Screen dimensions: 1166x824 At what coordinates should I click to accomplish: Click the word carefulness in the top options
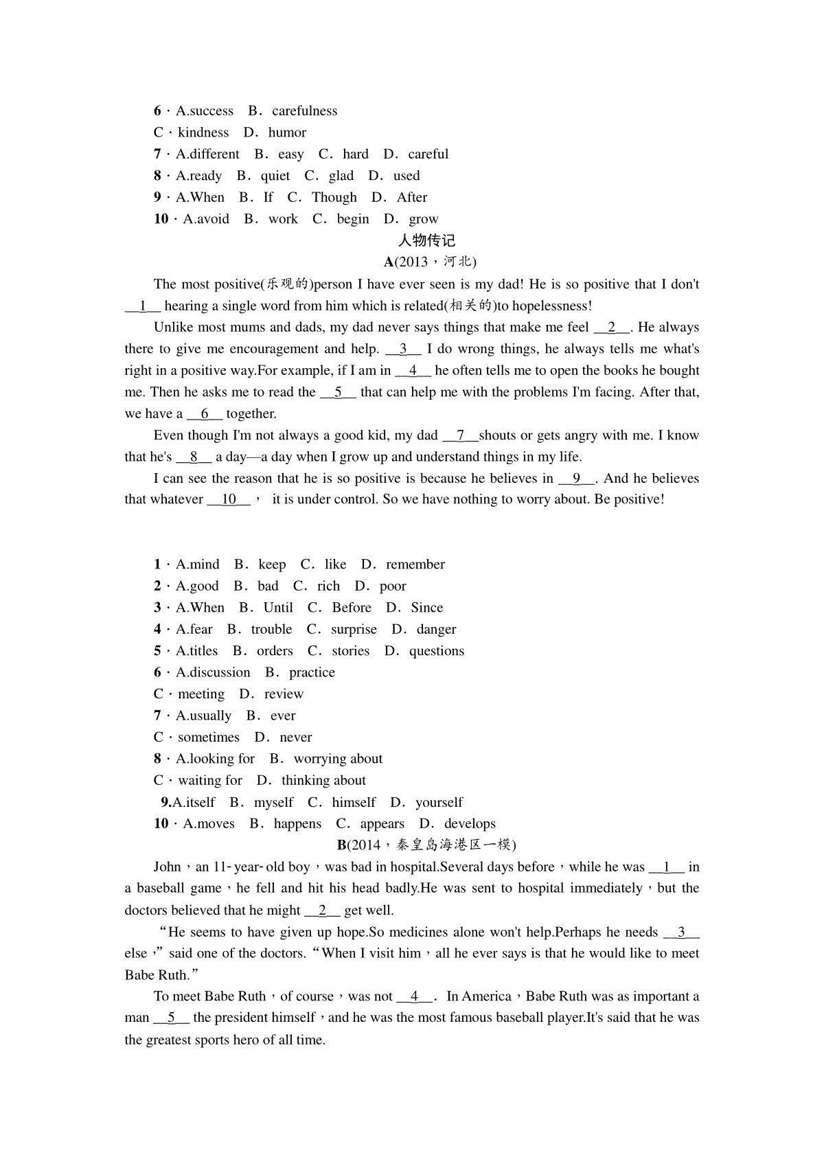click(304, 111)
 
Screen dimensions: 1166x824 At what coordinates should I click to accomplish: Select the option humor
click(287, 133)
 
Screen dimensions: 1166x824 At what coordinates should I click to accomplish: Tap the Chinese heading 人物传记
click(426, 240)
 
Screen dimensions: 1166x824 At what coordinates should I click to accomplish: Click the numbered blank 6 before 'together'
click(204, 413)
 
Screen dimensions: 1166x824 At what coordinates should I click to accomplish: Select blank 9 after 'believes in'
click(577, 479)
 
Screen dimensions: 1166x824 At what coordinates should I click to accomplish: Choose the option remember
click(415, 564)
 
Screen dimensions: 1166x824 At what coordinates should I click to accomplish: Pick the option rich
click(328, 586)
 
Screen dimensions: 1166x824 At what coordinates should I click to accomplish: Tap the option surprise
click(354, 629)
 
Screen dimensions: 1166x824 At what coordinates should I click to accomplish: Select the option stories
click(350, 651)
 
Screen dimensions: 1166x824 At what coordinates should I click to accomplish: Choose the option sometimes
click(209, 738)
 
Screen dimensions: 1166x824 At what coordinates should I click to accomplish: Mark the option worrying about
click(338, 759)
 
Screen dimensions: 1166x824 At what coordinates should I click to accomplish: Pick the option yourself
click(439, 802)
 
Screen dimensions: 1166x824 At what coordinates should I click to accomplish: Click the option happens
click(297, 824)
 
